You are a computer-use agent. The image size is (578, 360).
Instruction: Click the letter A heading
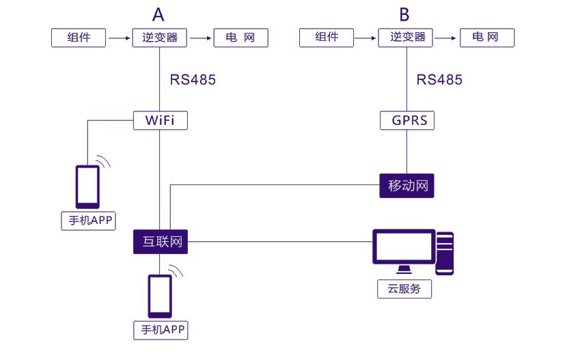(159, 14)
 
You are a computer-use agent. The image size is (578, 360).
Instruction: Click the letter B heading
(404, 14)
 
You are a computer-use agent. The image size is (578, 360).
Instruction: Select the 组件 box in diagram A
(79, 38)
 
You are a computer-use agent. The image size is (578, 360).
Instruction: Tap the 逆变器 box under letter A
(159, 38)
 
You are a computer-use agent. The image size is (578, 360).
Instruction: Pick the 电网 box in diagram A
(240, 38)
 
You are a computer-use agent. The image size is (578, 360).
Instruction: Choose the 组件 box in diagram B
(327, 38)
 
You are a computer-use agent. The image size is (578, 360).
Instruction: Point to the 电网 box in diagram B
(487, 38)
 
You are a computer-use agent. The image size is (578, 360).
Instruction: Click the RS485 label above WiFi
(193, 79)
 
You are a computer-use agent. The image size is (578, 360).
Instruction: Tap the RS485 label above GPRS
(439, 79)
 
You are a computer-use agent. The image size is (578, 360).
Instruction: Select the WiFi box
(159, 120)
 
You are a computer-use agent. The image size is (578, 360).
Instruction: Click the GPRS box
(407, 120)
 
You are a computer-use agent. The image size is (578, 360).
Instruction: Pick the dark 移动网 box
(407, 186)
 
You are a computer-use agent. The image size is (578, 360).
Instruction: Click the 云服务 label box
(404, 289)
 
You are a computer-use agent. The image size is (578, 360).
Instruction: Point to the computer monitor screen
(404, 247)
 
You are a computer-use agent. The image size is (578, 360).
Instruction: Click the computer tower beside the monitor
(445, 253)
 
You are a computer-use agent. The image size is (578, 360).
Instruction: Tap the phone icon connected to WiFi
(87, 186)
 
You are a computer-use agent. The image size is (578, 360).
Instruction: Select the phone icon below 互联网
(161, 296)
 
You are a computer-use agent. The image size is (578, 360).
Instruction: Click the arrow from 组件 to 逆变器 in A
(120, 38)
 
